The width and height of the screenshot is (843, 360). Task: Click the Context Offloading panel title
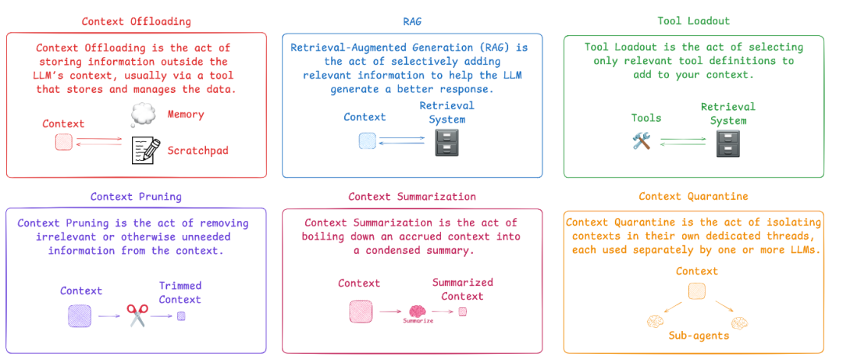click(136, 21)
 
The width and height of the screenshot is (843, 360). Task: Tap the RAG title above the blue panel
click(411, 21)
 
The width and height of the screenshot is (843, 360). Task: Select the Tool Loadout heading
click(692, 21)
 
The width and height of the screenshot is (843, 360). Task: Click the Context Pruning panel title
click(136, 196)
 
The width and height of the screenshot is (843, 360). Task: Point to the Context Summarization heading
click(411, 196)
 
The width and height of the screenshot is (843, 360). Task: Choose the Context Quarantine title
click(693, 196)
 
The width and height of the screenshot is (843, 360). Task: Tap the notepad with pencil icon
click(146, 149)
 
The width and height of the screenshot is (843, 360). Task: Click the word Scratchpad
click(197, 150)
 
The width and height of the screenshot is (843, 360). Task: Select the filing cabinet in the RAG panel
click(446, 142)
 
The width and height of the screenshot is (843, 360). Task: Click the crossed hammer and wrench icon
click(642, 141)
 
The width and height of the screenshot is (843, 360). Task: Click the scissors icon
click(137, 316)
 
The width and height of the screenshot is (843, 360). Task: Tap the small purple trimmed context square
click(181, 316)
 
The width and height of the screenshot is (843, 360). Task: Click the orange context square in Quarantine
click(696, 291)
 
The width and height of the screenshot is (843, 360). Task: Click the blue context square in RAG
click(367, 141)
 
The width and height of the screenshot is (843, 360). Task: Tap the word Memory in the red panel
click(185, 115)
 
